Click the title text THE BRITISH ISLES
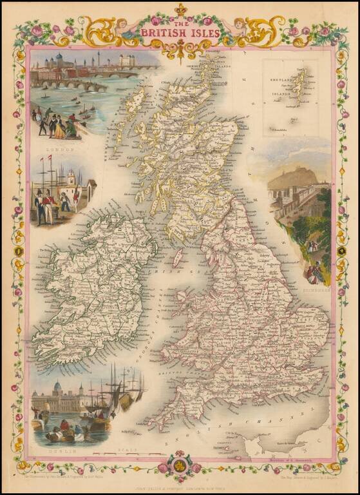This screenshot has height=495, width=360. pyautogui.click(x=180, y=32)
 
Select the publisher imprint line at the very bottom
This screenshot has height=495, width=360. pyautogui.click(x=180, y=485)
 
